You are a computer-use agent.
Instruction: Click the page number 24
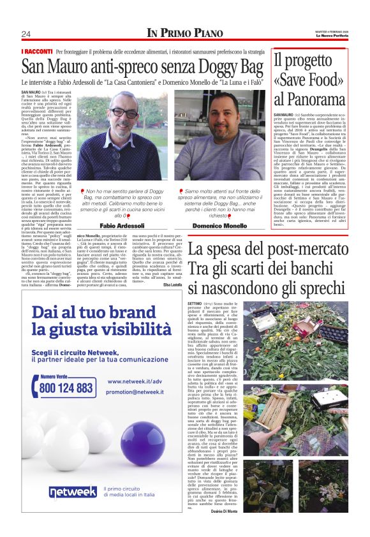point(26,34)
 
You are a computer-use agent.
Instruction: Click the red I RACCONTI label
point(36,51)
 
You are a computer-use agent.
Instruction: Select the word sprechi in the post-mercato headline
point(316,288)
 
